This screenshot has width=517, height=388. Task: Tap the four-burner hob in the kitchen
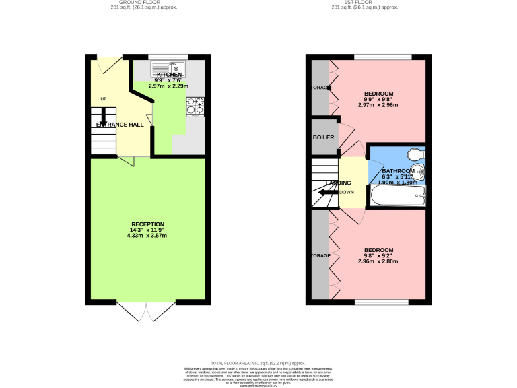(x=195, y=106)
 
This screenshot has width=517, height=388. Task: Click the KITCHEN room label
(x=169, y=75)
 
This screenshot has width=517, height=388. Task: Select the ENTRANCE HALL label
(x=120, y=125)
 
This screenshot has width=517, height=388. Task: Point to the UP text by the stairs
(x=104, y=100)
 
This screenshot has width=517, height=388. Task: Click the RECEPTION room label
(x=147, y=224)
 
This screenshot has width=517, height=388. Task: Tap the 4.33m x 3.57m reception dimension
(x=147, y=236)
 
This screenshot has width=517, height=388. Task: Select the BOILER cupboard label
(x=323, y=137)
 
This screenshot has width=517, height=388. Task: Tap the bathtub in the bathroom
(x=397, y=197)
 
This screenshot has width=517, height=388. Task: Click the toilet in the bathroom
(x=417, y=154)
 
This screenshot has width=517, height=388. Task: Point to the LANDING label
(x=339, y=183)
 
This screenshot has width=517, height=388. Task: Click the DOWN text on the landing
(x=347, y=192)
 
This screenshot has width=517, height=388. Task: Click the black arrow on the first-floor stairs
(x=328, y=193)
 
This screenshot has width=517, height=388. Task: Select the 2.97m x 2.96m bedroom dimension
(x=378, y=105)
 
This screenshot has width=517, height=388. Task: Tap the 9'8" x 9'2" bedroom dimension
(x=378, y=255)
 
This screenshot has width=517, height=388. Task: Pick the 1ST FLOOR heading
(x=365, y=2)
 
